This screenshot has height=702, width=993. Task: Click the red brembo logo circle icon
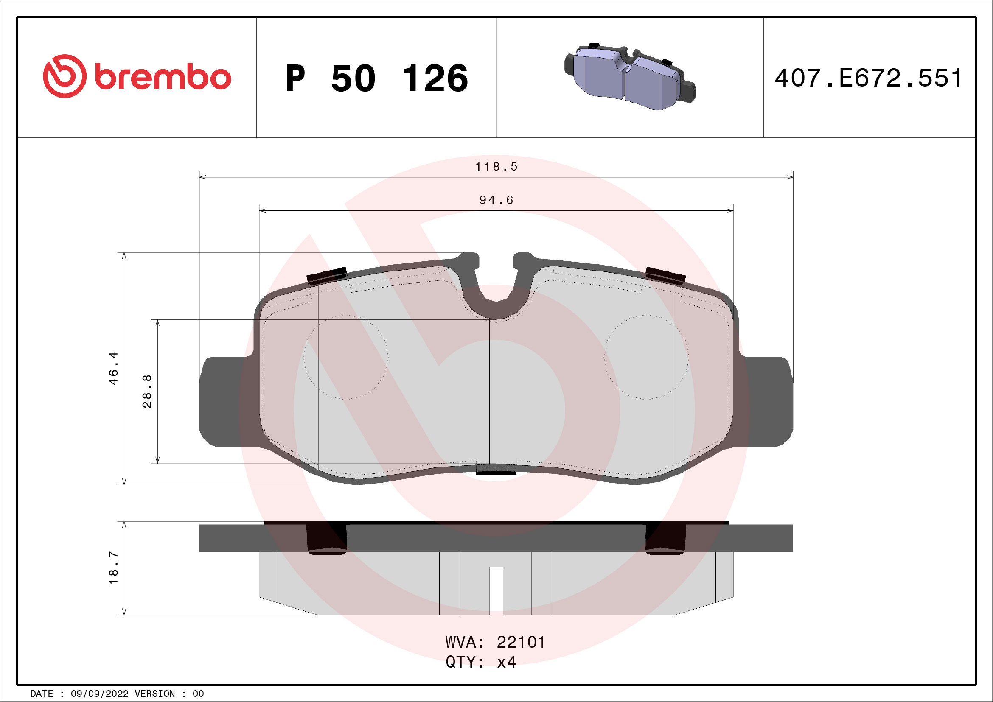point(65,76)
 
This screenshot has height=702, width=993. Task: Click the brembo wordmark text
point(163,77)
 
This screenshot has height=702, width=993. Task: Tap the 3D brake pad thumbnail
point(629,77)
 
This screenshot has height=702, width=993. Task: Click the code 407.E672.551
point(868,78)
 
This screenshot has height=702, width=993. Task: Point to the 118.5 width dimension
point(496,166)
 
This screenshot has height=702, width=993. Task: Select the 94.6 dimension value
point(496,200)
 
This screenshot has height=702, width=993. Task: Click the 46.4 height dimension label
point(113,368)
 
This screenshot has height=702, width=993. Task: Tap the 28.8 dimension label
point(147,391)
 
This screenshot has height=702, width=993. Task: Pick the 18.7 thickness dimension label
point(113,568)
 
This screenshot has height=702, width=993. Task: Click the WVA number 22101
point(521,642)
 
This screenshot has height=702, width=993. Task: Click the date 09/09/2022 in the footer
point(99,694)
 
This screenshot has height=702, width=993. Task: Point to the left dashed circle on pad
point(345,357)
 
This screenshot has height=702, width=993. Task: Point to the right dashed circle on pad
point(646,357)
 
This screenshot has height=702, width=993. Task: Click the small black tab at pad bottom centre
point(496,469)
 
